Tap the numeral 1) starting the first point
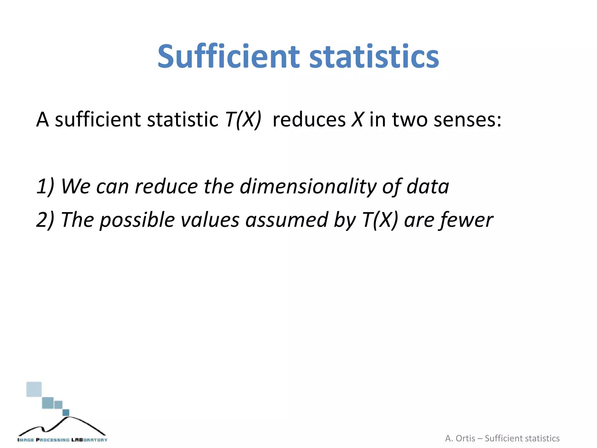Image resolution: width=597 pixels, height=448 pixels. [x=45, y=186]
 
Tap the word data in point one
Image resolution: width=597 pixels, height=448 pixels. [x=428, y=186]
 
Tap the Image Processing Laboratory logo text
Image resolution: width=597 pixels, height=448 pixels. [x=62, y=440]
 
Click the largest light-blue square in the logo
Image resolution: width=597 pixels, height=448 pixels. [x=34, y=389]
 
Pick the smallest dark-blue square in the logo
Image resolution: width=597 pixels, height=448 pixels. [x=66, y=412]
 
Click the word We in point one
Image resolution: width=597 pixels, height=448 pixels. [x=75, y=186]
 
